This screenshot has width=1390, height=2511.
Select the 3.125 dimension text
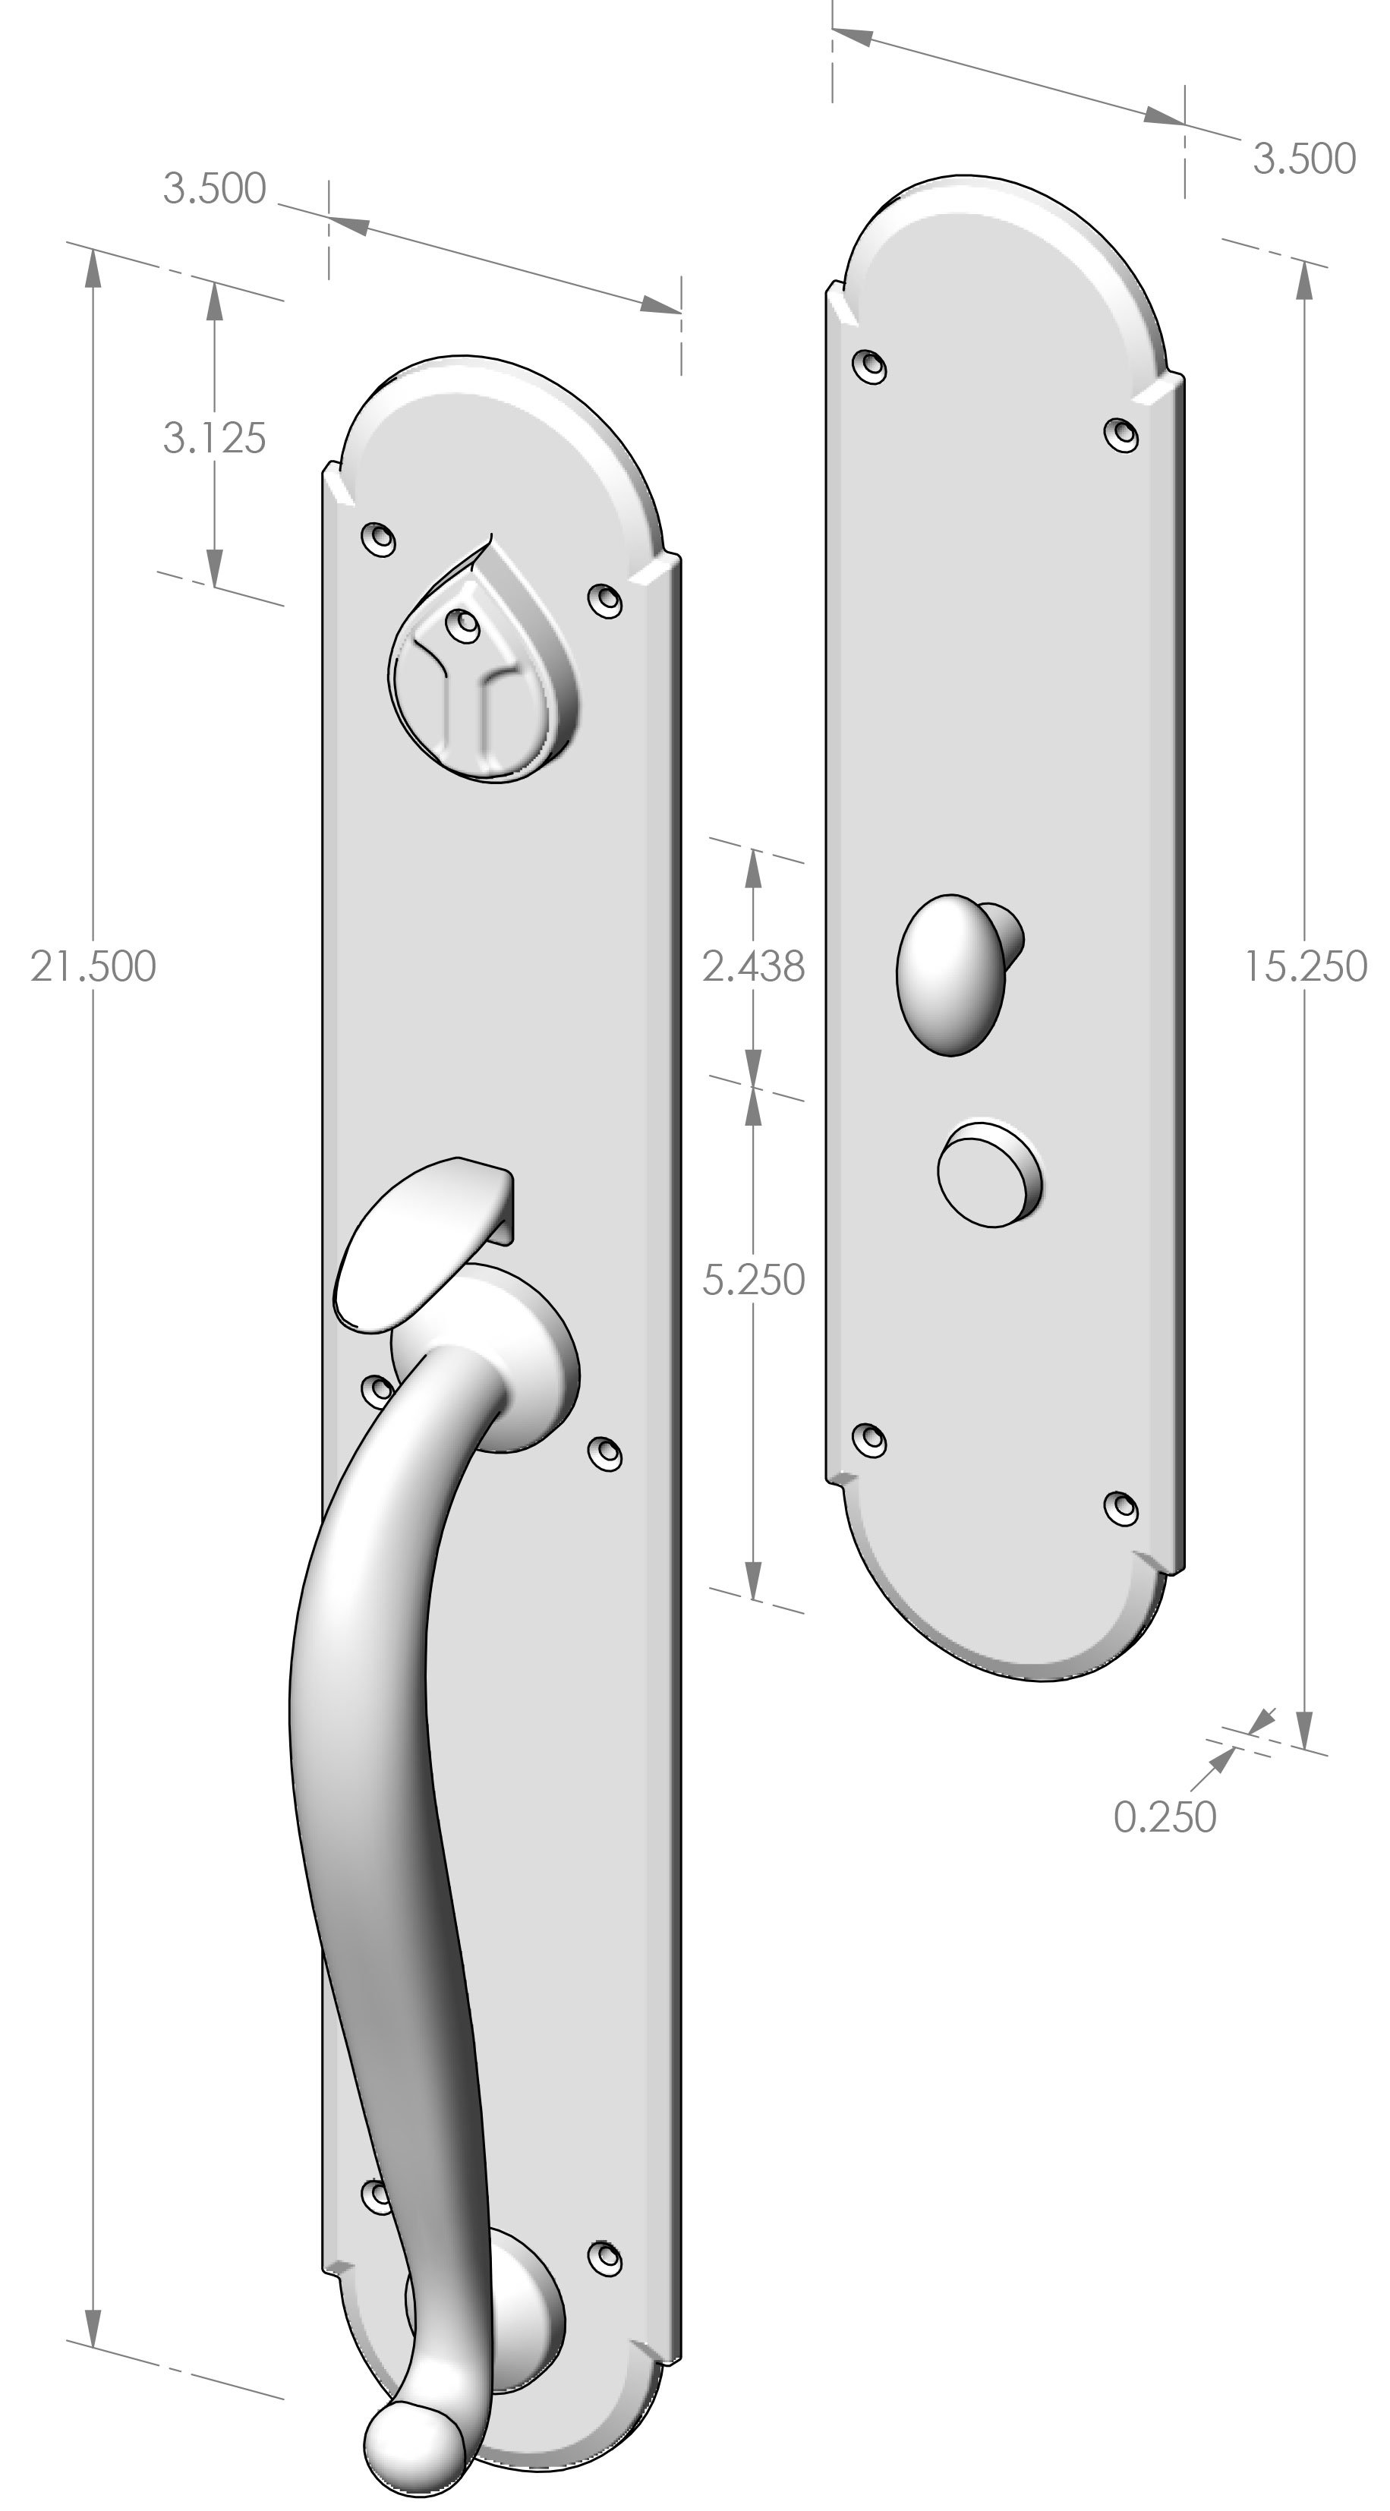(213, 439)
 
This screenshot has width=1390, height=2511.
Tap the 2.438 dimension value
(754, 966)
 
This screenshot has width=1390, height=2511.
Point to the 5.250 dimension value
(754, 1280)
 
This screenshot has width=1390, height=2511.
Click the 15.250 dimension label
(1305, 966)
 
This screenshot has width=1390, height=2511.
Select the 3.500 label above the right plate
(1303, 159)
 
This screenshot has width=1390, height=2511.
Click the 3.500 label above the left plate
(213, 188)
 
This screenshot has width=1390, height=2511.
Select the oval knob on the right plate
(950, 975)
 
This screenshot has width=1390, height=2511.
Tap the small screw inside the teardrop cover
(462, 623)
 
